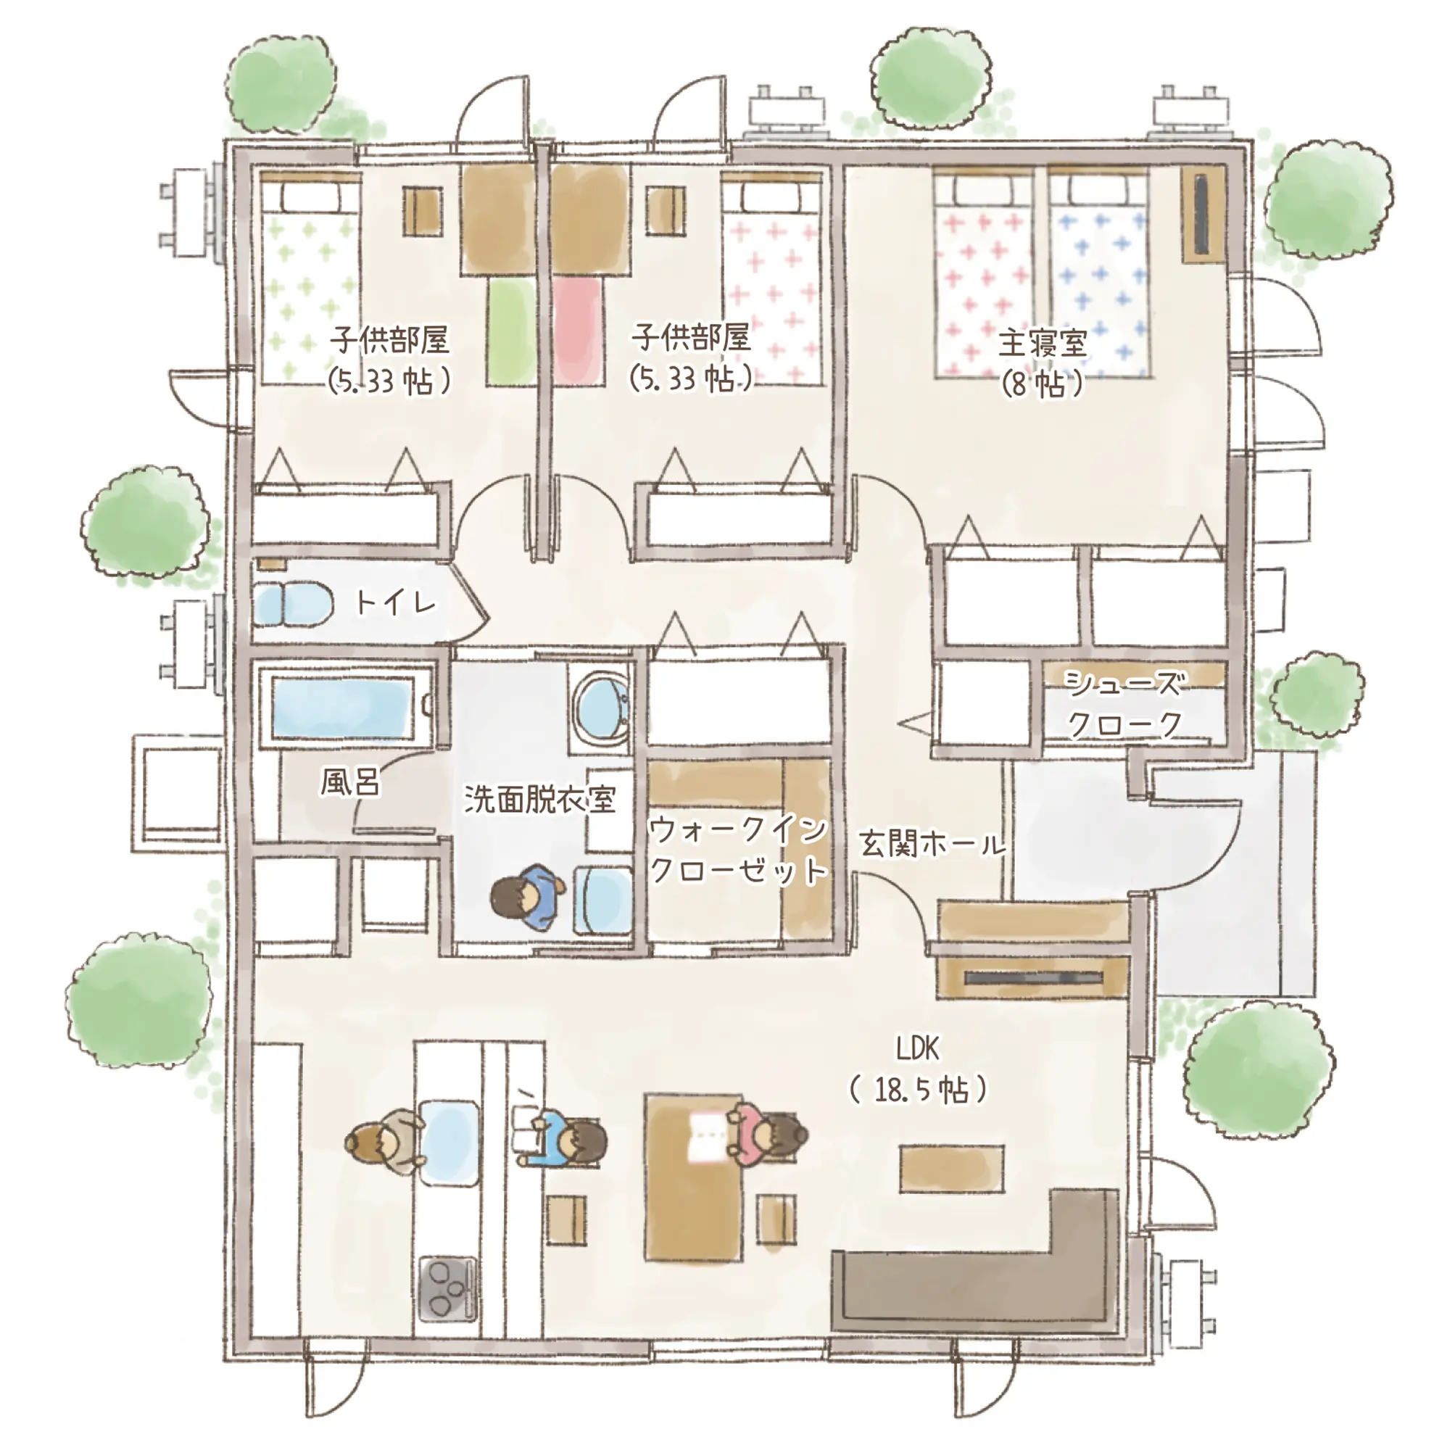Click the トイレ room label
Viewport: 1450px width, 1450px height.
(396, 601)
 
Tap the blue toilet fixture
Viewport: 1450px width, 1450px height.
(294, 604)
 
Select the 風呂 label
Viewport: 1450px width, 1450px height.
(350, 782)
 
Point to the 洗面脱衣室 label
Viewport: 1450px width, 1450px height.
(539, 798)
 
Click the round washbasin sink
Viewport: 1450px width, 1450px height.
(601, 705)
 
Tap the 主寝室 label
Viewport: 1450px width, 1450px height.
(1043, 344)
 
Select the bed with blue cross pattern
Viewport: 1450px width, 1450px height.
(1100, 274)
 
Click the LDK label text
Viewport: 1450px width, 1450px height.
(917, 1048)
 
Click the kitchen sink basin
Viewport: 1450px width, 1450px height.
(449, 1143)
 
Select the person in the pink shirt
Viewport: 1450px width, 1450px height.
(768, 1135)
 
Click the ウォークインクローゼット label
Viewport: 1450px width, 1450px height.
(738, 850)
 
